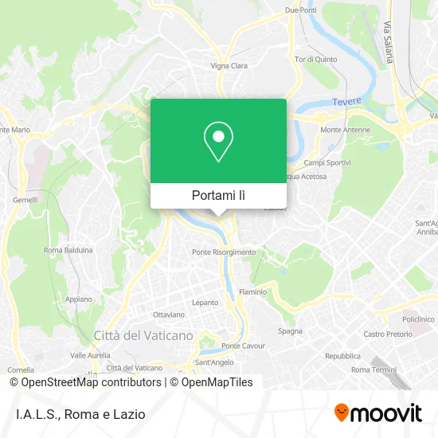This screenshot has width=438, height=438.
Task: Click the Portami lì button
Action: point(218,194)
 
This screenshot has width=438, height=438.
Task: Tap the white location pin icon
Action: point(218,142)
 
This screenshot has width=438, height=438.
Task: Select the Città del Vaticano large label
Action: point(143,336)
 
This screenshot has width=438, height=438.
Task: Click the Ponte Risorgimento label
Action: point(224,252)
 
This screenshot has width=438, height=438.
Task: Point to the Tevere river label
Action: point(346,101)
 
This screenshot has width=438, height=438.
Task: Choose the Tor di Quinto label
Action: point(313,59)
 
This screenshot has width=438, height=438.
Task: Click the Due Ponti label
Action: point(301,10)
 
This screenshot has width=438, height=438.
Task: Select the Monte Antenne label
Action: point(342,130)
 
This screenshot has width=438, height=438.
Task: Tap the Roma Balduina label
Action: point(68,250)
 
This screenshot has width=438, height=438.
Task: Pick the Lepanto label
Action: point(205,303)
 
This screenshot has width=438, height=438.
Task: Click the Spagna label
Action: point(290,330)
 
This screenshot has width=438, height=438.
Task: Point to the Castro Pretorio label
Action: point(385,334)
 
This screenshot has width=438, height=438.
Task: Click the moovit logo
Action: point(378,413)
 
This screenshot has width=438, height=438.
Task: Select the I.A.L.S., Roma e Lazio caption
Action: point(80,414)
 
